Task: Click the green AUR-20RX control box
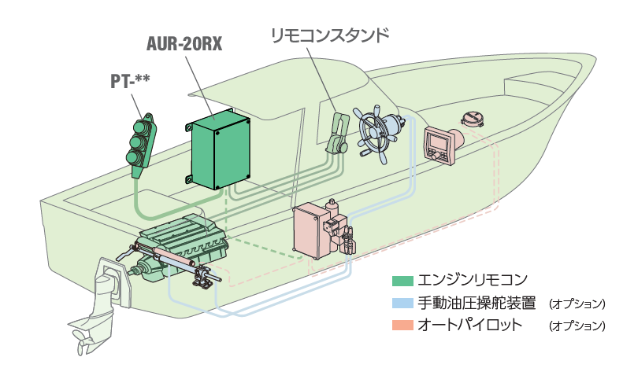coord(221,150)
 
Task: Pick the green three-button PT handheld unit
coord(142,142)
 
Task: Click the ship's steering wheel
coord(376,132)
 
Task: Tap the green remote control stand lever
coord(336,134)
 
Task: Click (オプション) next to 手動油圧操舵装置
coord(577,304)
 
